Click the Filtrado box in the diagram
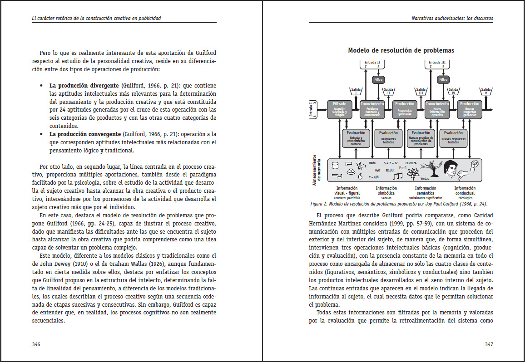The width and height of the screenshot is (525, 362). [340, 109]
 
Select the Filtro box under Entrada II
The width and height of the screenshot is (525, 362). [378, 80]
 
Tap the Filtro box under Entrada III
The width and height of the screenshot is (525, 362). [443, 80]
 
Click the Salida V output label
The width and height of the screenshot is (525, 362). [486, 91]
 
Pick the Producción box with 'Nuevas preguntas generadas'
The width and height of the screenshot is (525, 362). [470, 109]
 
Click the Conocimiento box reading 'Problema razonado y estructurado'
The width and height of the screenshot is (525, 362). [372, 109]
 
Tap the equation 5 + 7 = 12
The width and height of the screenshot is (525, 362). [390, 162]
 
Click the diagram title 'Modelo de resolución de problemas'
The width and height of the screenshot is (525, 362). [401, 50]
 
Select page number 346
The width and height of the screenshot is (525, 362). [36, 344]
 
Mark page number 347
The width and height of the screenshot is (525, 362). [489, 344]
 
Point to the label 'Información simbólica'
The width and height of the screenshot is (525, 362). [386, 190]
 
